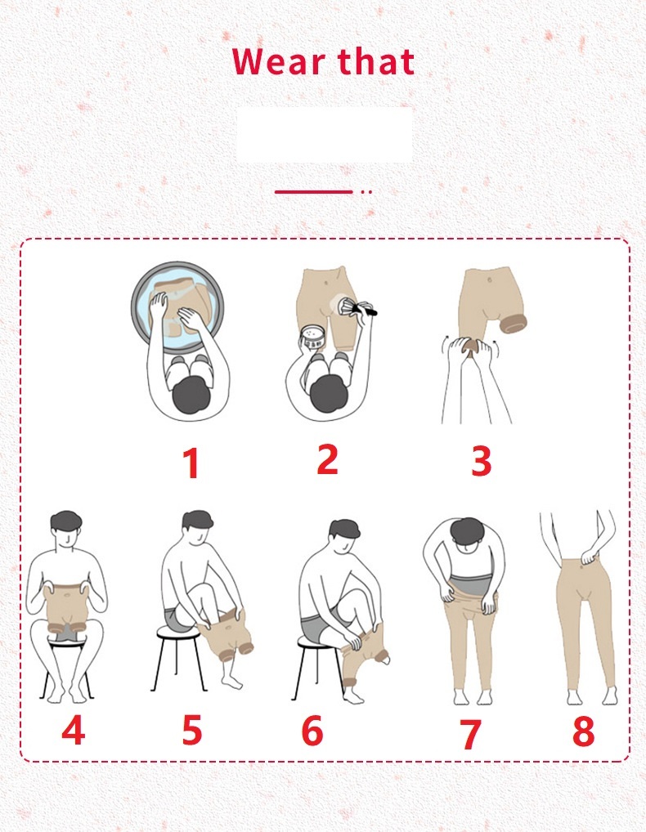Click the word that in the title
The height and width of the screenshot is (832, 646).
[x=376, y=60]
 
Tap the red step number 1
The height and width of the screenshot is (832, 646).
[x=191, y=463]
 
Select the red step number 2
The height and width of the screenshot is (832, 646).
[x=328, y=459]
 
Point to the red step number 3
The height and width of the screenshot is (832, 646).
[x=482, y=461]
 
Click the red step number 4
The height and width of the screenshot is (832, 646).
[x=74, y=730]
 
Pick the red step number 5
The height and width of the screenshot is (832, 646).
[x=192, y=730]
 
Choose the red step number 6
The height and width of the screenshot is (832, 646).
[x=312, y=730]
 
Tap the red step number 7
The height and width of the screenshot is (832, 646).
[x=469, y=735]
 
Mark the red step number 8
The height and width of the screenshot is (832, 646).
[x=583, y=731]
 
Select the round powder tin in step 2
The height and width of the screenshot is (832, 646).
[x=312, y=338]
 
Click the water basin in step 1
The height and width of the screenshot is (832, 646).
[x=177, y=307]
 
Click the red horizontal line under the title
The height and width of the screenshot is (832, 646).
[x=314, y=191]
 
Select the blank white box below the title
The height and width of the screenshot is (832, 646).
[x=325, y=135]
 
